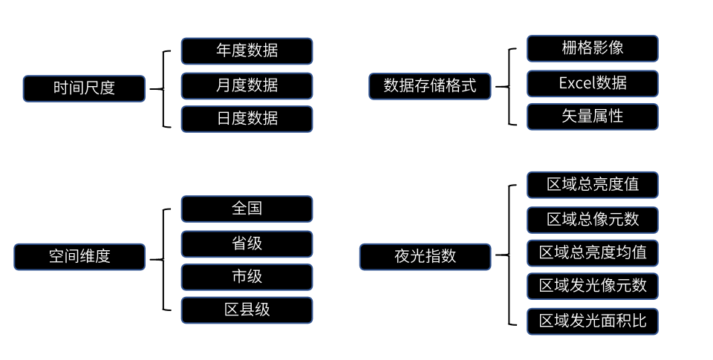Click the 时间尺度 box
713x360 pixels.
pyautogui.click(x=84, y=88)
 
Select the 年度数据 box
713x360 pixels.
pyautogui.click(x=247, y=51)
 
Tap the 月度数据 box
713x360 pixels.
pyautogui.click(x=247, y=85)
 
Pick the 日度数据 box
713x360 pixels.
pyautogui.click(x=247, y=119)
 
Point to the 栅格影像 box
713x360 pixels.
pyautogui.click(x=593, y=48)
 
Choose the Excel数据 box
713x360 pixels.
pyautogui.click(x=593, y=83)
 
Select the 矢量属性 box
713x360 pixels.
pyautogui.click(x=593, y=117)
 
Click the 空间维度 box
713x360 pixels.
pyautogui.click(x=79, y=257)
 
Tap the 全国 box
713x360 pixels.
pyautogui.click(x=247, y=209)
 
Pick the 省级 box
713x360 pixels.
pyautogui.click(x=247, y=243)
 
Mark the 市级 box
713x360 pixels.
pyautogui.click(x=247, y=277)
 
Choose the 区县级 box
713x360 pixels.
pyautogui.click(x=247, y=310)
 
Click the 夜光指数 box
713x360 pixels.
pyautogui.click(x=425, y=257)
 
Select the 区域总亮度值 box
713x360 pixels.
pyautogui.click(x=593, y=185)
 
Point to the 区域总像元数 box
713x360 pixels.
pyautogui.click(x=593, y=220)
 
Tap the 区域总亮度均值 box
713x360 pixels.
pyautogui.click(x=593, y=253)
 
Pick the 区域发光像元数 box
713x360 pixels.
pyautogui.click(x=593, y=286)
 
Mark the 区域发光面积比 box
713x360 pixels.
pyautogui.click(x=593, y=321)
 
